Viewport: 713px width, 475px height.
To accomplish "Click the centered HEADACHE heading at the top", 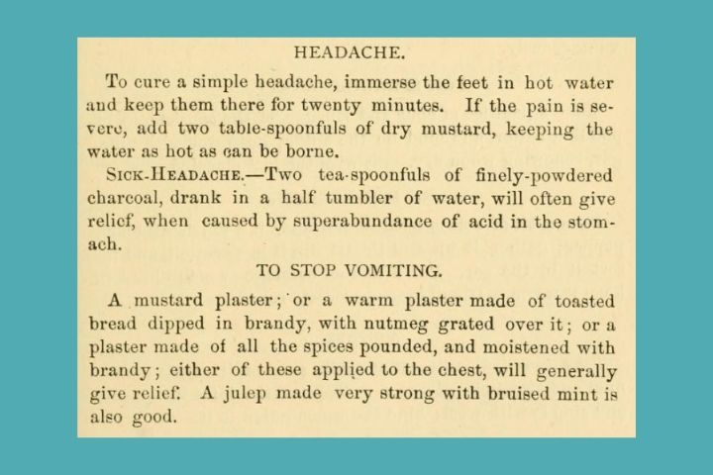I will (356, 51).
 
